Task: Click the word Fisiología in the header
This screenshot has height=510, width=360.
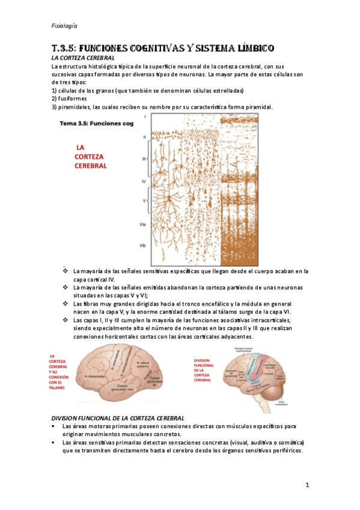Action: tap(64, 25)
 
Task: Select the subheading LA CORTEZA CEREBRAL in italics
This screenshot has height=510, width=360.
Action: tap(83, 57)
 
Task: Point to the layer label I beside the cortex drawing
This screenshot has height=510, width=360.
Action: tap(145, 116)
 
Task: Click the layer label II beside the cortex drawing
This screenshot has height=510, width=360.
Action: tap(145, 137)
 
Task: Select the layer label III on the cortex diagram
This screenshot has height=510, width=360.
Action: tap(144, 159)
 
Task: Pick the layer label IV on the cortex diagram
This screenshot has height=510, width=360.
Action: tap(144, 180)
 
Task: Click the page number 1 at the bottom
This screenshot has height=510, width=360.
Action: tap(307, 485)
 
